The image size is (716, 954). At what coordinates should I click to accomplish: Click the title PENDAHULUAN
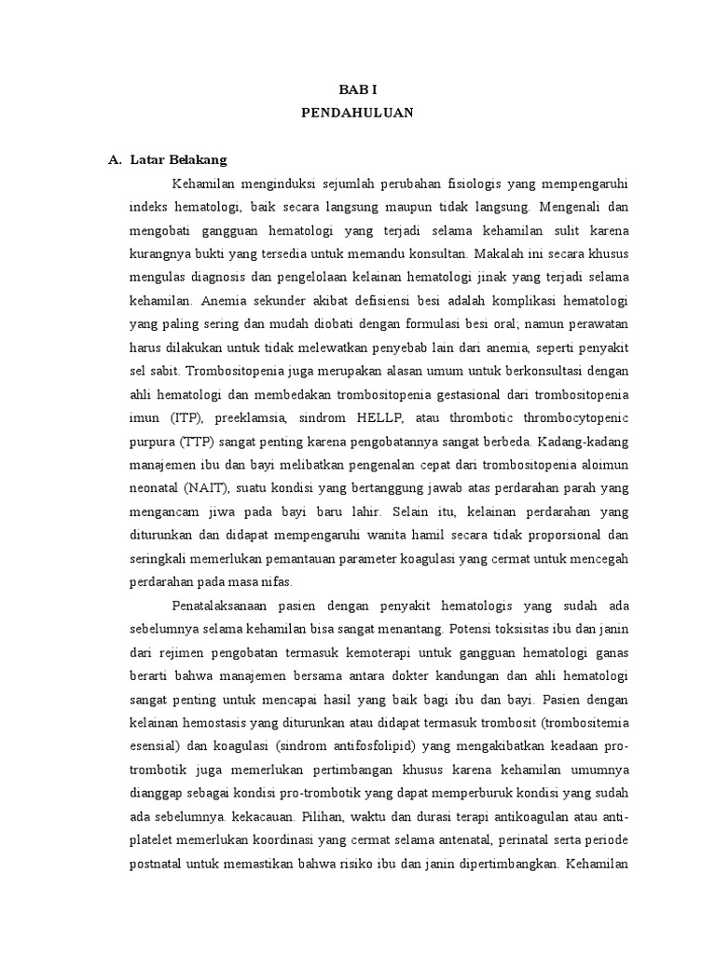(357, 114)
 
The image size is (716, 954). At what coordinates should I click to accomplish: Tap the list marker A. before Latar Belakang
(117, 159)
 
